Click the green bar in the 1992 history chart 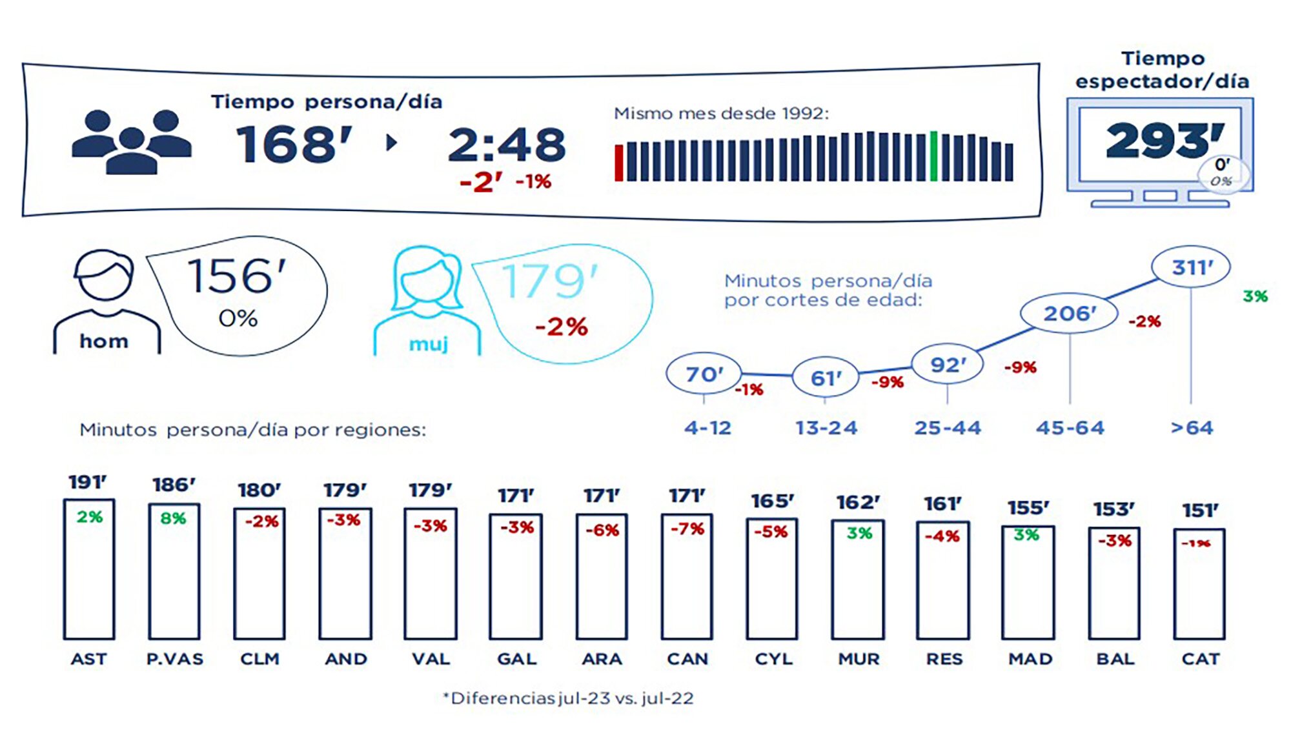(933, 156)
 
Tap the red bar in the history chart (619, 163)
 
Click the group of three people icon (132, 142)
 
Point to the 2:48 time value (507, 145)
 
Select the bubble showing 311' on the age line (1191, 267)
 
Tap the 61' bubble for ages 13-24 (826, 378)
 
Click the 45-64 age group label (1070, 428)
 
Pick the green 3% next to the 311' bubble (1255, 296)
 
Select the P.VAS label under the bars (174, 659)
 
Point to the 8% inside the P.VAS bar (173, 518)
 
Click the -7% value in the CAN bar (687, 529)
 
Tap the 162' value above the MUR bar (858, 502)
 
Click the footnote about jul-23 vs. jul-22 (568, 698)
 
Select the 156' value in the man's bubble (236, 276)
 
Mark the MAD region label (1030, 659)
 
